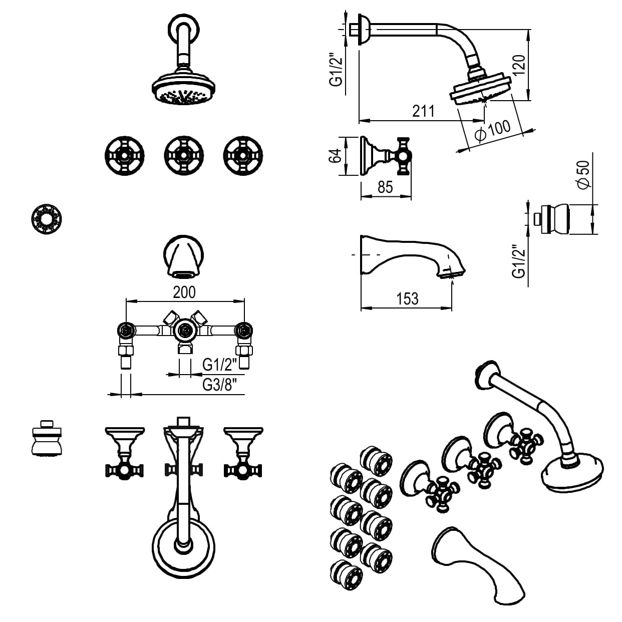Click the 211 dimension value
point(423,111)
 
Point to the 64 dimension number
point(337,156)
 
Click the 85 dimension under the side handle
point(385,187)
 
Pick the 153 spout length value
point(407,298)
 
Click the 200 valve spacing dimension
point(184,292)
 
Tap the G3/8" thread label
point(219,385)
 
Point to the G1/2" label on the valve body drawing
point(219,365)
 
